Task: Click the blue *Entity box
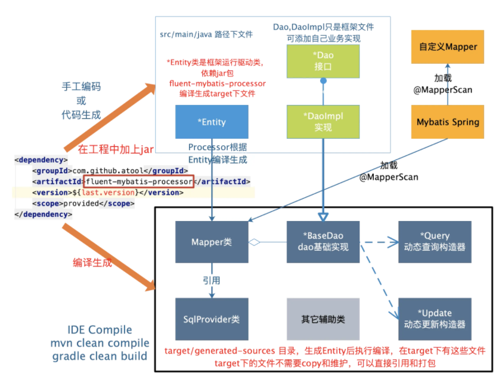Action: (x=212, y=122)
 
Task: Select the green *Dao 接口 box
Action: (x=323, y=62)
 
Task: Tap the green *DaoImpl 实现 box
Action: (x=323, y=122)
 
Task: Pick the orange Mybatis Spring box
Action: (x=448, y=122)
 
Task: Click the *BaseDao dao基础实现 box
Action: (x=323, y=242)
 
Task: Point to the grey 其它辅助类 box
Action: (x=323, y=319)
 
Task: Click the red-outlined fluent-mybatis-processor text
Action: (x=139, y=182)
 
